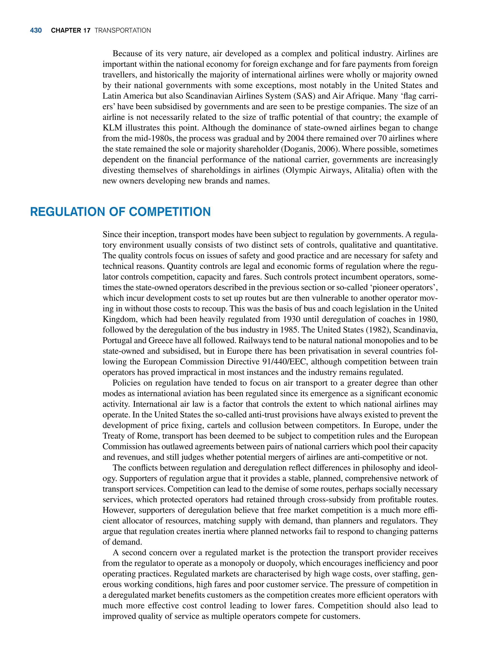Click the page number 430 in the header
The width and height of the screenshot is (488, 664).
point(36,31)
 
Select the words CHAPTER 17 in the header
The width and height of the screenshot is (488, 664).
point(71,31)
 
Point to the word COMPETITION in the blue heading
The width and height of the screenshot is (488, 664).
point(170,212)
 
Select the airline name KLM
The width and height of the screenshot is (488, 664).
point(112,128)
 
